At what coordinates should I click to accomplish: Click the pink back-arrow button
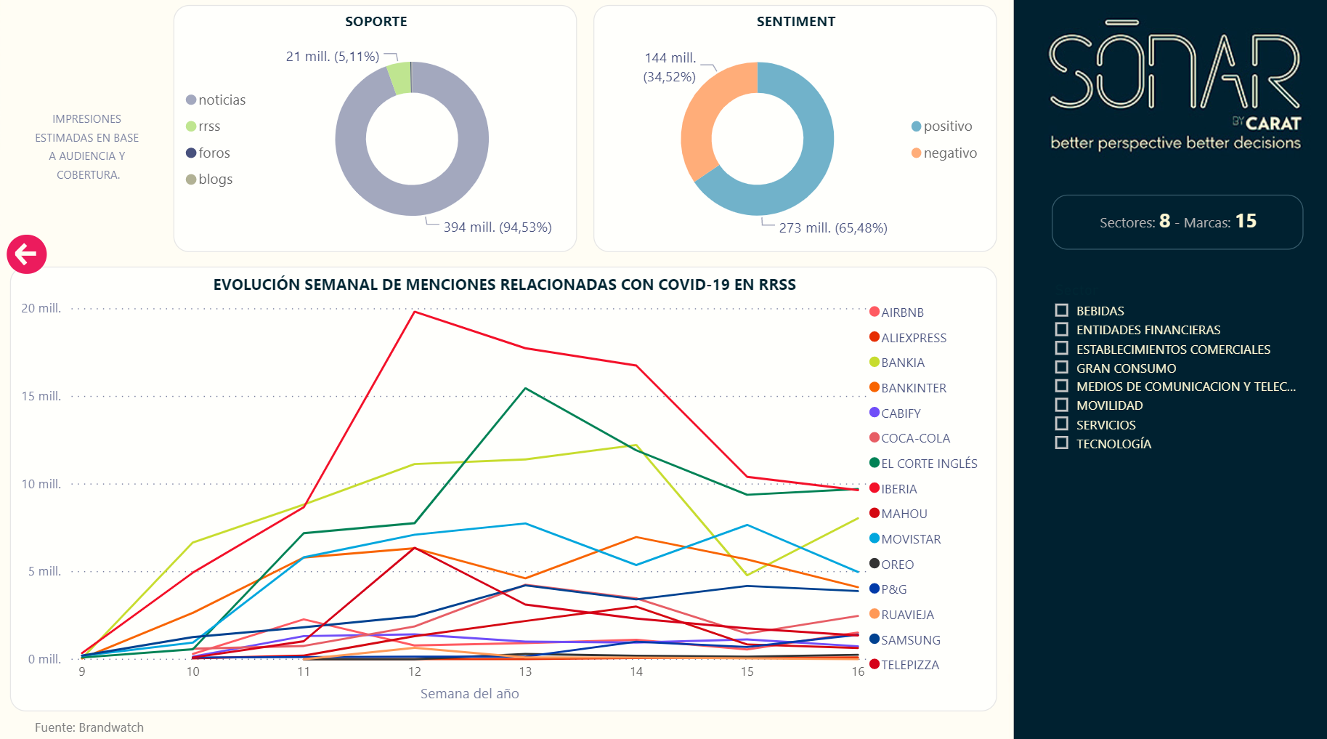tap(27, 254)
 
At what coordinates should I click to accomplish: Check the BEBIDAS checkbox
tap(1062, 310)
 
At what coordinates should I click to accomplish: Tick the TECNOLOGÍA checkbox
tap(1062, 443)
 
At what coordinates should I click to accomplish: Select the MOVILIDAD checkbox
tap(1062, 405)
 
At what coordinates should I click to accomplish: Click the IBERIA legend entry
tap(898, 489)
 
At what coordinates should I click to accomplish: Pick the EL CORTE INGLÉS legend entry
tap(928, 464)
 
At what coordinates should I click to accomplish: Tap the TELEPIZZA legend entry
tap(909, 665)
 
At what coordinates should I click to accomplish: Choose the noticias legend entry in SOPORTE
tap(222, 100)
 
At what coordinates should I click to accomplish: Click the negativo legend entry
tap(949, 153)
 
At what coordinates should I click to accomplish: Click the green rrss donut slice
tap(399, 78)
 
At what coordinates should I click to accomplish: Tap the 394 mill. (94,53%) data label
tap(498, 227)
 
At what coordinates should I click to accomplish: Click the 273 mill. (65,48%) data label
tap(833, 228)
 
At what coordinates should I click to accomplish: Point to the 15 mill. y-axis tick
tap(41, 396)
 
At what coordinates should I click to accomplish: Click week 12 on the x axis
tap(415, 671)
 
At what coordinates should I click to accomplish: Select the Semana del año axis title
tap(469, 694)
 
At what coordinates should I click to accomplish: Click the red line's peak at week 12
tap(414, 312)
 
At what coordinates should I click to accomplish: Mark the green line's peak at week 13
tap(525, 388)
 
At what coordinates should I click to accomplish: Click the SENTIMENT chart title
tap(795, 22)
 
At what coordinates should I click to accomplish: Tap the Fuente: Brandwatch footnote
tap(89, 727)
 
